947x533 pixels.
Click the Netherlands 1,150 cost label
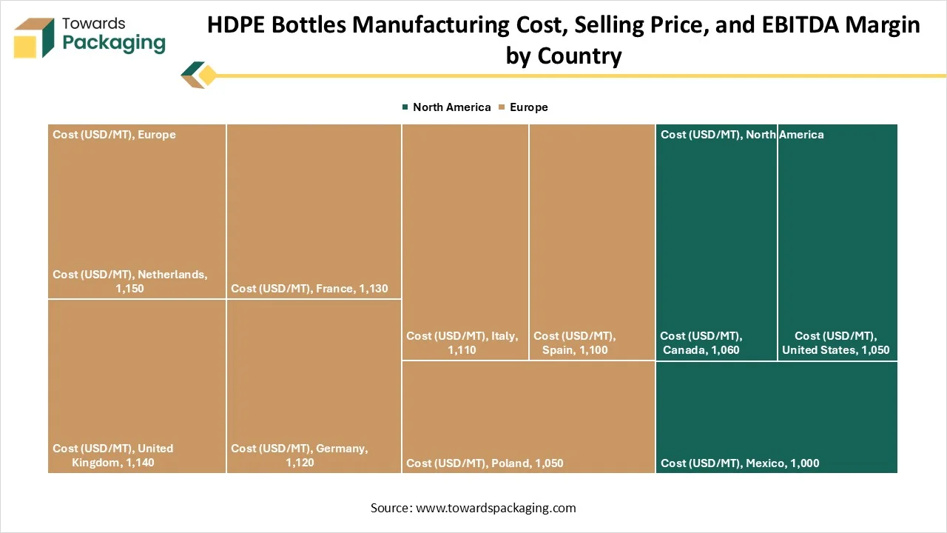tap(129, 281)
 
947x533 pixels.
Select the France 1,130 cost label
tap(309, 289)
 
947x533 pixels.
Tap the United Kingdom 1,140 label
tap(113, 455)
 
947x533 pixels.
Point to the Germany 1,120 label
tap(300, 455)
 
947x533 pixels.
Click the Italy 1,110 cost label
tap(462, 343)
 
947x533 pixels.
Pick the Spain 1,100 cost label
tap(575, 343)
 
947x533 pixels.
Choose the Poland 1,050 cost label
tap(485, 463)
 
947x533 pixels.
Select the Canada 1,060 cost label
tap(701, 343)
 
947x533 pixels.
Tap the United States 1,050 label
tap(836, 343)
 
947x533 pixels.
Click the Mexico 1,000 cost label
tap(740, 463)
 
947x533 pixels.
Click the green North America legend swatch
tap(405, 107)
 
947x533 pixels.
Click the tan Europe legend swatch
tap(502, 107)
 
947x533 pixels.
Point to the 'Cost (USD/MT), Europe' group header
tap(114, 135)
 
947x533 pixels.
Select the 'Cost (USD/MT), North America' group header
tap(742, 135)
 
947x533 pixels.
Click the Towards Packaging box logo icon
tap(34, 38)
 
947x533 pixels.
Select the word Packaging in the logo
tap(114, 43)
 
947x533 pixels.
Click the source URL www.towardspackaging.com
tap(496, 508)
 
